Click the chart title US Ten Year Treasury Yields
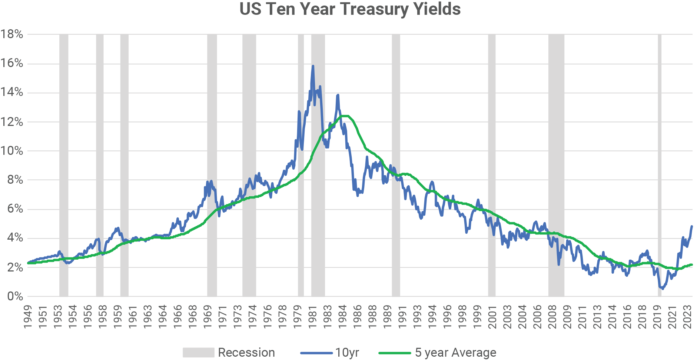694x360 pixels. pos(350,9)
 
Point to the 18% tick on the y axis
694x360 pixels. pos(12,34)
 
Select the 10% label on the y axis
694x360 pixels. pos(12,151)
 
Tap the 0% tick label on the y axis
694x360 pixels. pos(15,296)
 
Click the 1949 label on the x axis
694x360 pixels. pos(28,317)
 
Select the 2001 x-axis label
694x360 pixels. pos(492,317)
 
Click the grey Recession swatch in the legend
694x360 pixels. pos(198,353)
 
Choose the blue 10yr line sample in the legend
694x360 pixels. pos(316,353)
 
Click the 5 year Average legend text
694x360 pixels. pos(455,353)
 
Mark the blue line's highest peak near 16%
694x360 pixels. pos(313,66)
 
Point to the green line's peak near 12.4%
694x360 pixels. pos(345,116)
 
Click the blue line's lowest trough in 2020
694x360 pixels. pos(663,289)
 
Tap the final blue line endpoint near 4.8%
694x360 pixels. pos(691,226)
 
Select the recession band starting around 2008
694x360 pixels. pos(556,163)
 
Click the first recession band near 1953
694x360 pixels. pos(64,163)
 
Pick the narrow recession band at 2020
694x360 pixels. pos(660,163)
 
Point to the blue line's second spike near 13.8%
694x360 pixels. pos(338,95)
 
